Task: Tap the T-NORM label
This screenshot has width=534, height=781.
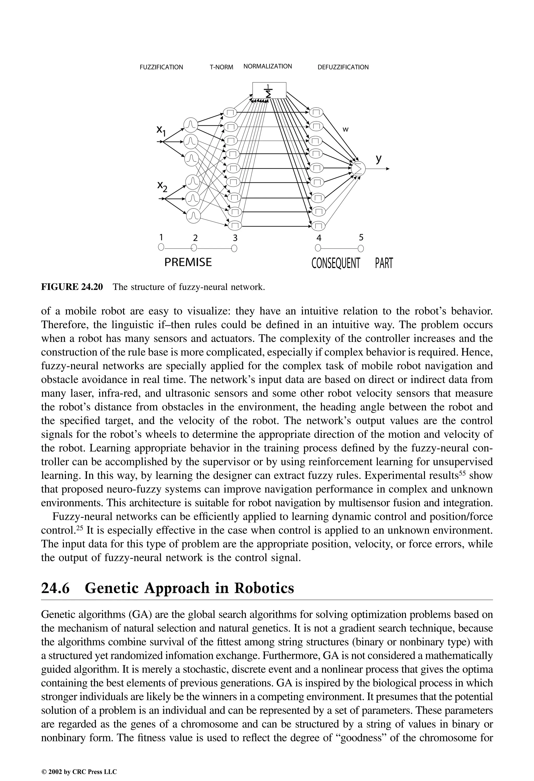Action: (x=221, y=67)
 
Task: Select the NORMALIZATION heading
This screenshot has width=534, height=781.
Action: (x=268, y=66)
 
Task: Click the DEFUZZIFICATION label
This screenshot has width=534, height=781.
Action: (x=343, y=67)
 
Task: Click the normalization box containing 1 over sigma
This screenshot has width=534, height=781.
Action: (x=269, y=90)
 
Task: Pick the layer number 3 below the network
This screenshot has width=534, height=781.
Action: (x=235, y=238)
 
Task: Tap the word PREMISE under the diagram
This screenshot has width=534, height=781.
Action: (x=188, y=262)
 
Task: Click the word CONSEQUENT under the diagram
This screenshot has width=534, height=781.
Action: (x=336, y=263)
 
